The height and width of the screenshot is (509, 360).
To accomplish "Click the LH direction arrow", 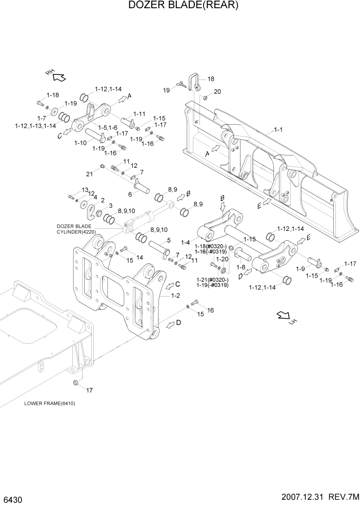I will tap(284, 317).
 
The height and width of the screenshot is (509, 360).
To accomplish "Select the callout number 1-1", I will tap(277, 130).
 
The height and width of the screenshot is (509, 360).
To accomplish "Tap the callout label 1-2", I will tap(174, 296).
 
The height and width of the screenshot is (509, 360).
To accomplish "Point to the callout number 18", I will tap(211, 79).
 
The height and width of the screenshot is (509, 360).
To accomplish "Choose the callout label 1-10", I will tap(81, 143).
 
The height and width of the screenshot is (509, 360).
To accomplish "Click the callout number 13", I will tap(85, 189).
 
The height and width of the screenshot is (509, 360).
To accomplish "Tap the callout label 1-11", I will tap(139, 114).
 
